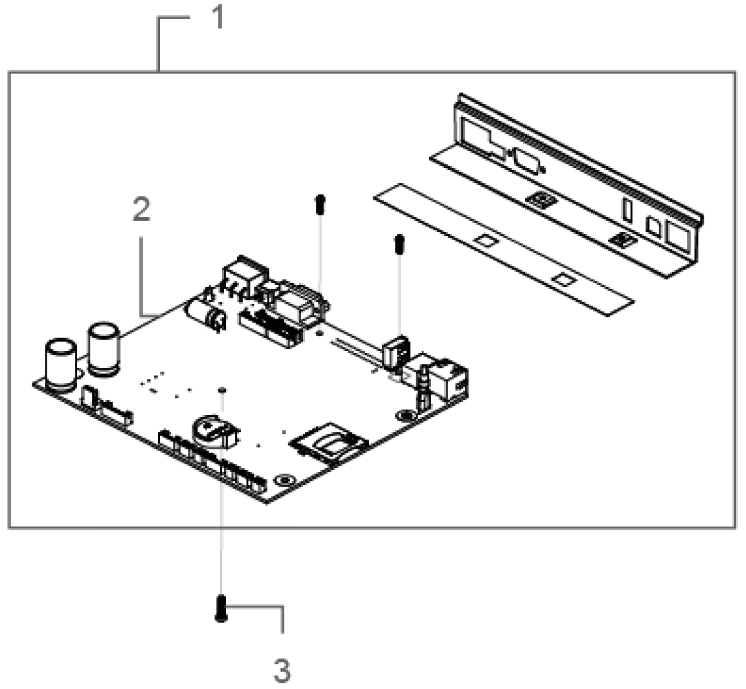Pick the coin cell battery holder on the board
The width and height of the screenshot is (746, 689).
[214, 431]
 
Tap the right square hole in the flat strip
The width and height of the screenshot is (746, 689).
[562, 279]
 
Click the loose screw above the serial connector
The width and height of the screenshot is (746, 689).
[320, 204]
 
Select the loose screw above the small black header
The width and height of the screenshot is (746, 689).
[398, 243]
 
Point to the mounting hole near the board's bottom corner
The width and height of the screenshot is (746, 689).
[284, 480]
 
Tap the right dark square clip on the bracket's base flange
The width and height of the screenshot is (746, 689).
[620, 239]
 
